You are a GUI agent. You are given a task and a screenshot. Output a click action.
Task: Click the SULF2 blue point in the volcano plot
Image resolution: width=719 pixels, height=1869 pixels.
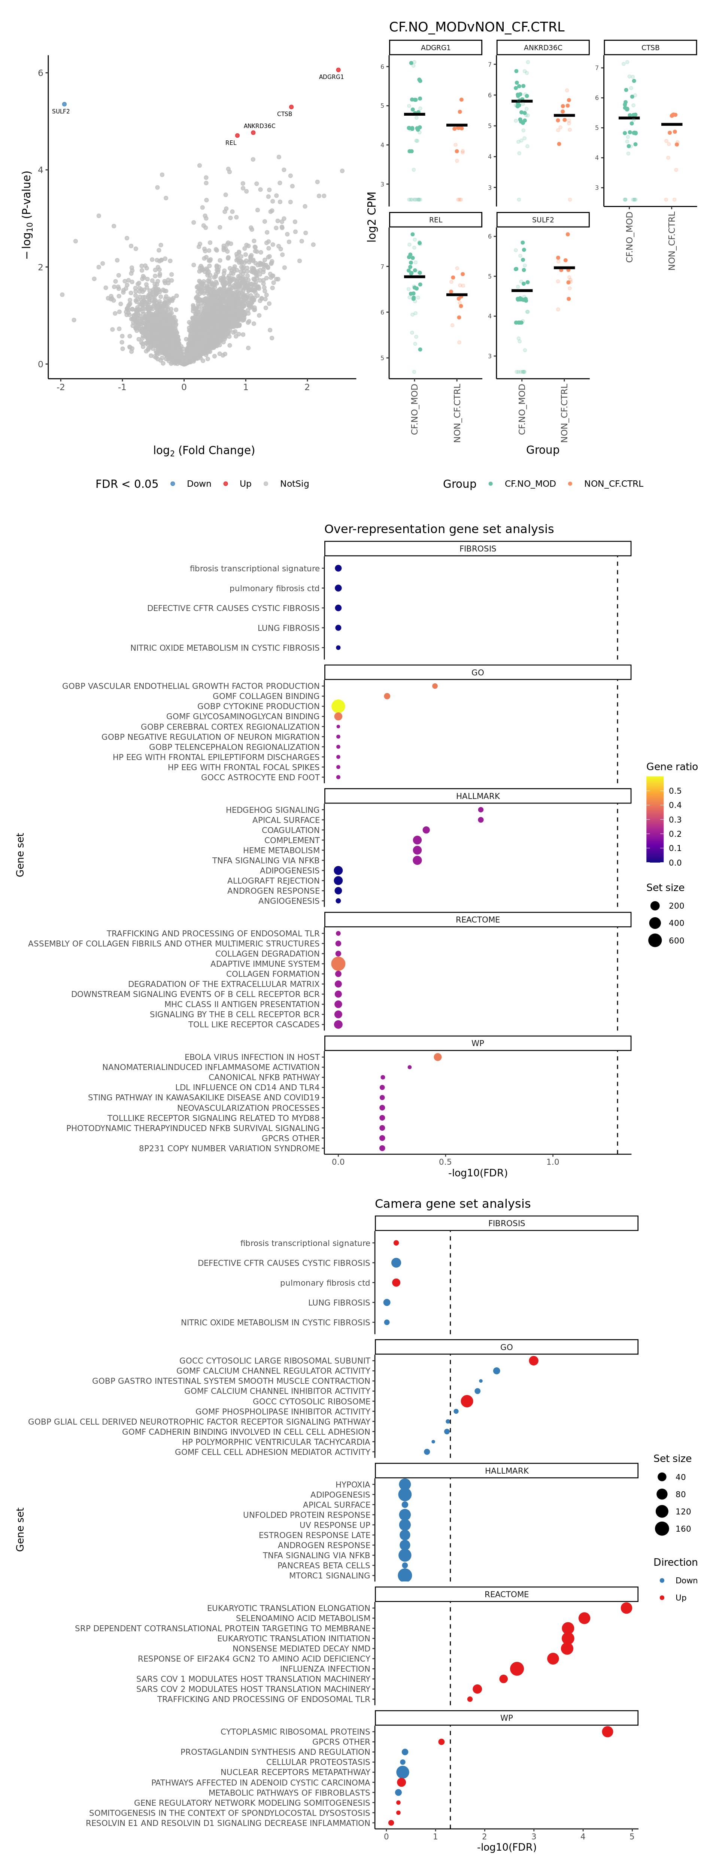tap(64, 104)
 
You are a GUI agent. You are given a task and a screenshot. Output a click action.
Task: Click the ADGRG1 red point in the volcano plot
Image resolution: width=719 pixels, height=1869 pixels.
tap(338, 70)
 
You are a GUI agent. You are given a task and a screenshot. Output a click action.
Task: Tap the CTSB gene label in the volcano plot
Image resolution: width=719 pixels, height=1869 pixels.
tap(284, 114)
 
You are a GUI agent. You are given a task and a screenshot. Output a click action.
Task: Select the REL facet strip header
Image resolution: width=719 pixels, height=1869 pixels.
tap(435, 220)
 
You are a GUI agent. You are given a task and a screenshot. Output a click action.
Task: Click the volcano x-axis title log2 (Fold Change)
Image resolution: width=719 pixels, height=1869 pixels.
tap(204, 450)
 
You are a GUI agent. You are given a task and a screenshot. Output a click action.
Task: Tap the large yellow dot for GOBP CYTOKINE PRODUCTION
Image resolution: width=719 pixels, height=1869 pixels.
tap(338, 706)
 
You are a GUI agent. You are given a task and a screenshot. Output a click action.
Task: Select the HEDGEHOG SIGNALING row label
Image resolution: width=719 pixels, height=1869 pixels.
tap(272, 810)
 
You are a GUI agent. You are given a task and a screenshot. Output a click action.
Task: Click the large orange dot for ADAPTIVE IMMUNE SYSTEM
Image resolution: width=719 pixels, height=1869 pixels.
tap(338, 964)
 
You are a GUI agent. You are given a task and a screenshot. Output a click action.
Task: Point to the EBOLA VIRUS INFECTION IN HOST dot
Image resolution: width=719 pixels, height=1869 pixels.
tap(437, 1057)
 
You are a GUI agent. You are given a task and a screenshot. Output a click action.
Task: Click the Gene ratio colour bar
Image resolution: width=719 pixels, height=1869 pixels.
tap(655, 819)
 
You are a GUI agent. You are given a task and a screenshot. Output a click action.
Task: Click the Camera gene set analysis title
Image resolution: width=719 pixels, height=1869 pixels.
tap(453, 1204)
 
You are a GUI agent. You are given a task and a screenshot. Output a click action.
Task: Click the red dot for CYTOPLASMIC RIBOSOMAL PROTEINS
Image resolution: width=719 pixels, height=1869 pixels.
tap(607, 1732)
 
